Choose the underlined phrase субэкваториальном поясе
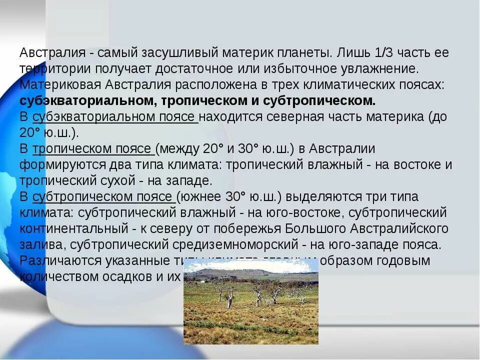114,117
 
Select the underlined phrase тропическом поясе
93,149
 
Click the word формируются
59,164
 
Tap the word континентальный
74,228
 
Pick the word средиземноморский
235,244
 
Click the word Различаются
61,260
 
